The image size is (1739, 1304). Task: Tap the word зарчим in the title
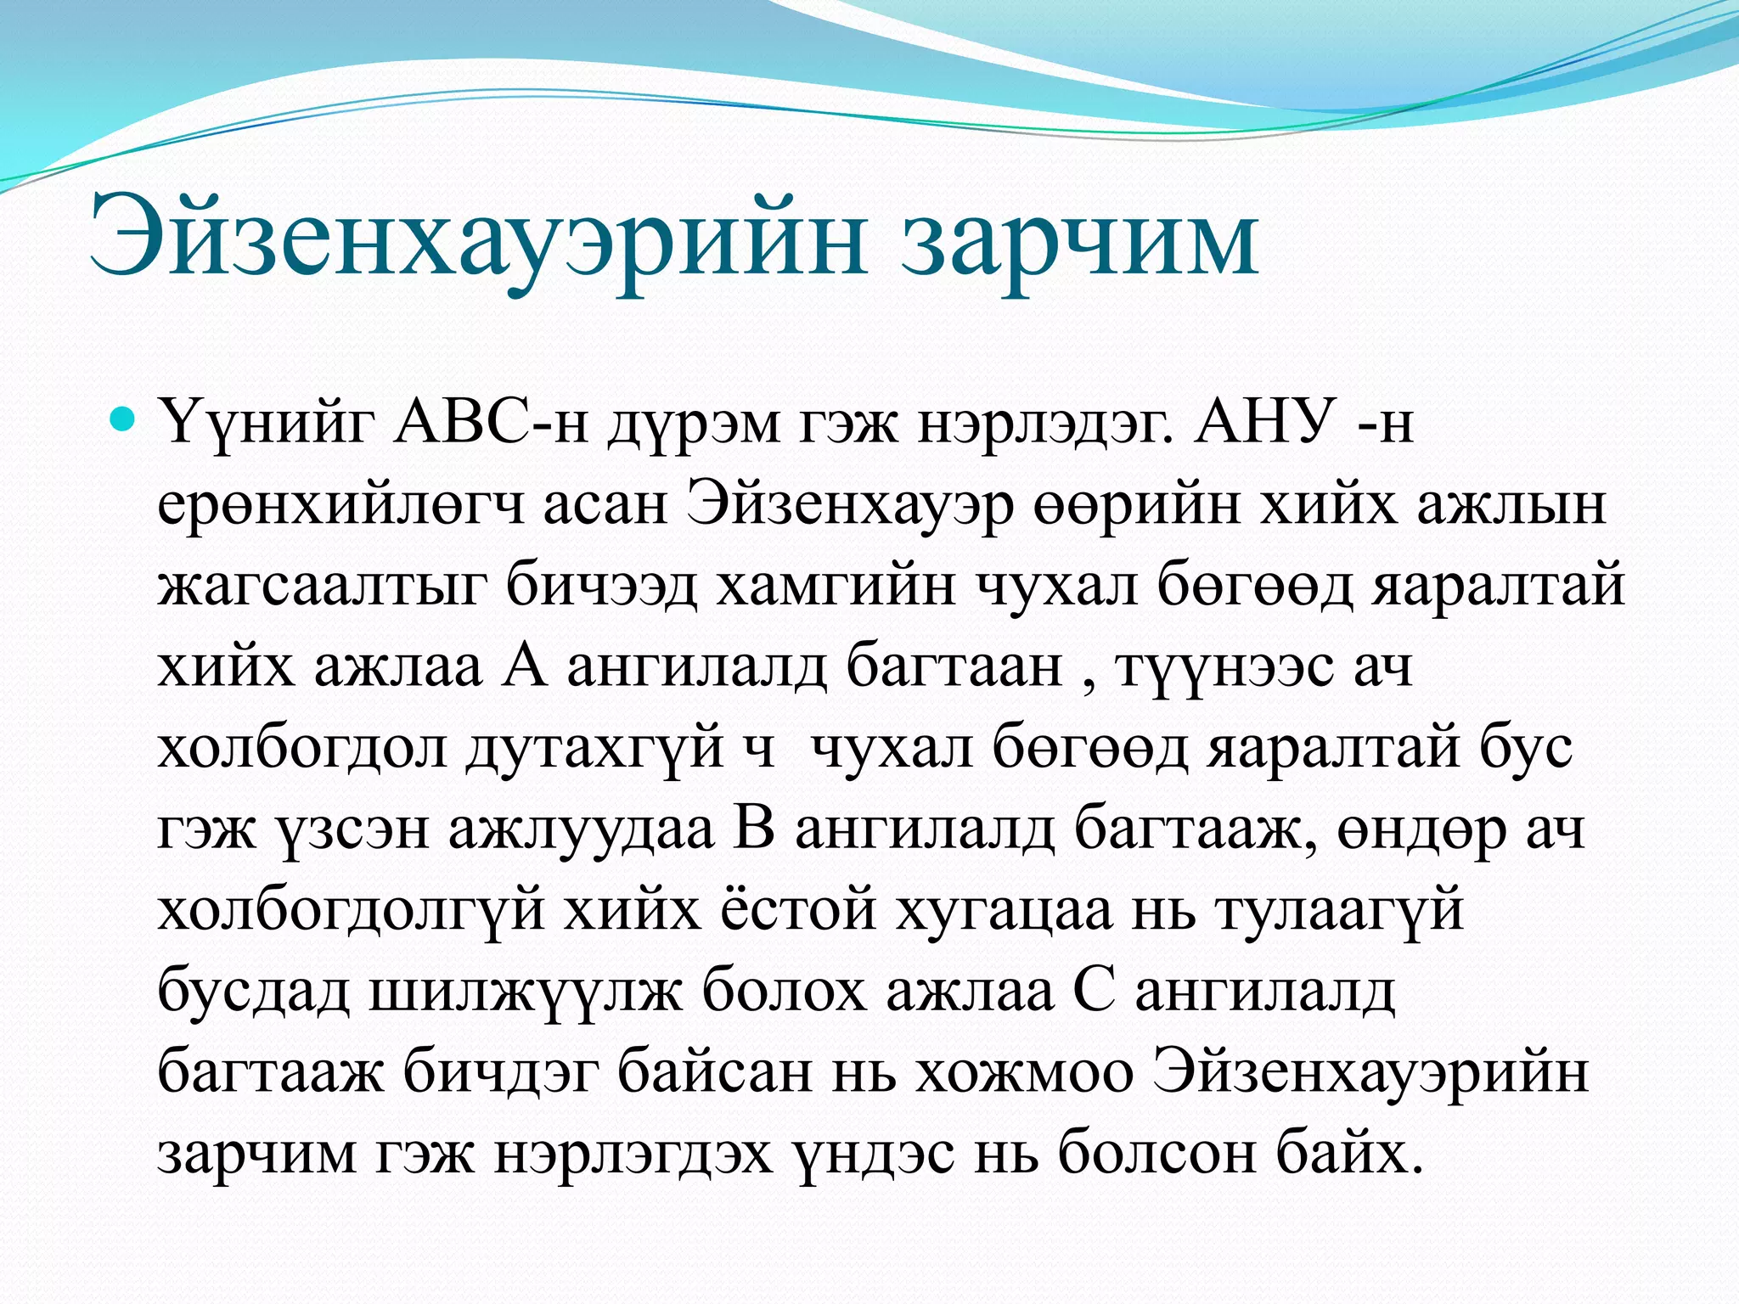[x=1078, y=243]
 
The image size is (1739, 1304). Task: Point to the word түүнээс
[x=1224, y=668]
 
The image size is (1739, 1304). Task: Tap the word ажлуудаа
[x=581, y=830]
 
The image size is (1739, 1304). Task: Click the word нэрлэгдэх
[x=633, y=1155]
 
